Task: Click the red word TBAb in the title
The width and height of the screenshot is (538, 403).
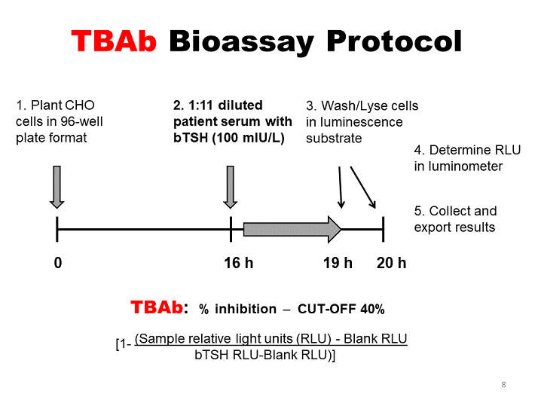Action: pyautogui.click(x=115, y=42)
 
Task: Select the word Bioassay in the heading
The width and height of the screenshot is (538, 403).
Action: pyautogui.click(x=241, y=42)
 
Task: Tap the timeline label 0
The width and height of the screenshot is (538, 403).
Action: pyautogui.click(x=57, y=263)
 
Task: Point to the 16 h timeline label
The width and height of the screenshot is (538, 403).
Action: pyautogui.click(x=238, y=263)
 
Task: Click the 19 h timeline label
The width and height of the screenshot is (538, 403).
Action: pyautogui.click(x=338, y=263)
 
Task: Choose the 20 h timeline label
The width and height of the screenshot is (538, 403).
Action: pyautogui.click(x=391, y=263)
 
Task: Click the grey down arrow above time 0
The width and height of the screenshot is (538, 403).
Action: pyautogui.click(x=57, y=186)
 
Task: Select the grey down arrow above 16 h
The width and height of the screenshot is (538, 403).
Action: pyautogui.click(x=231, y=186)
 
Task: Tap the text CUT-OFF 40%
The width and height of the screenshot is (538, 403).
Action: pyautogui.click(x=341, y=309)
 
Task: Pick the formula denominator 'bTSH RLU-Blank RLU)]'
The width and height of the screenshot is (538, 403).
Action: pyautogui.click(x=264, y=354)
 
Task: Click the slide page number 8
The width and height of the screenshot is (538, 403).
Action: pyautogui.click(x=503, y=385)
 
